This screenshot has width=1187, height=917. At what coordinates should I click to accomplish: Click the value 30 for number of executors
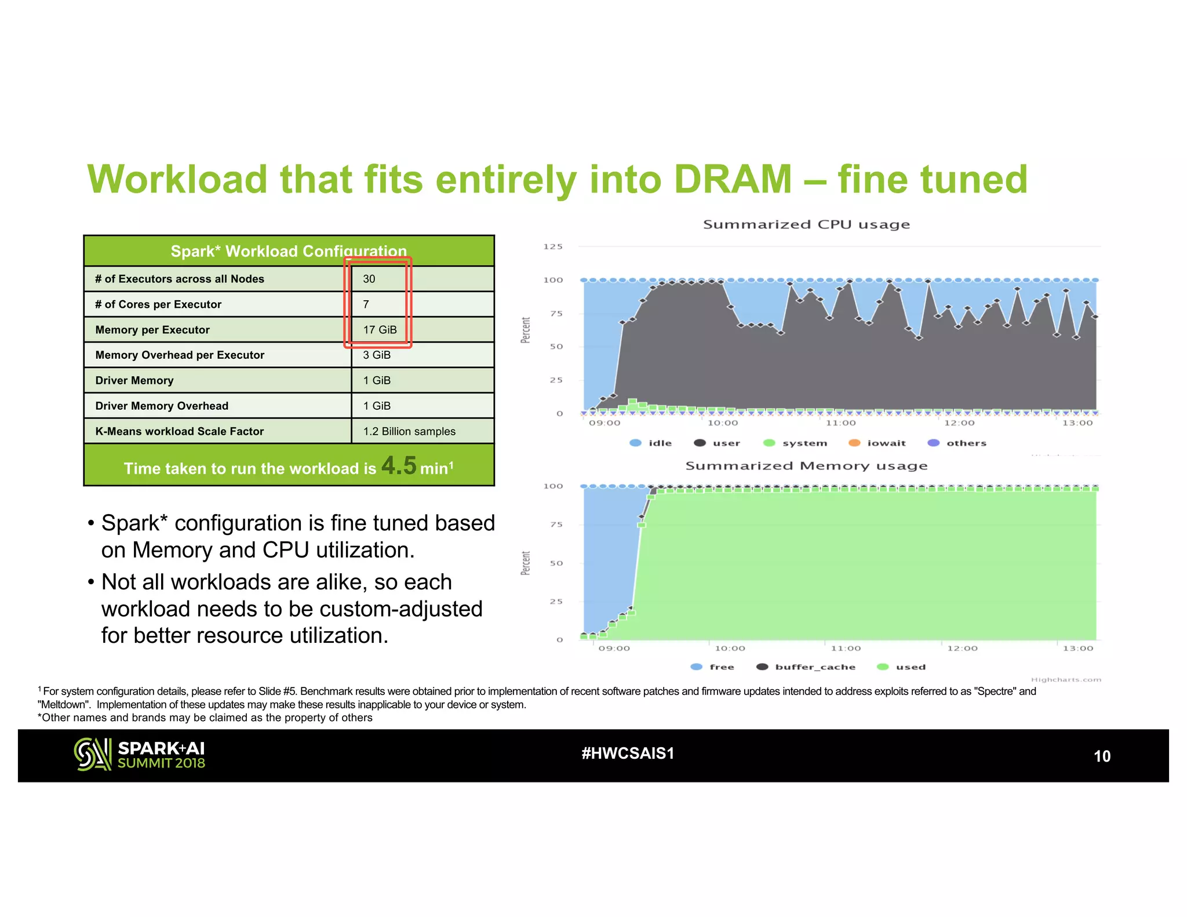[x=369, y=279]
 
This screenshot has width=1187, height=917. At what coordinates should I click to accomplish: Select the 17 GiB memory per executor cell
[x=380, y=330]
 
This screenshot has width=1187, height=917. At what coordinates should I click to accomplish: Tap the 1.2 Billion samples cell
[x=409, y=431]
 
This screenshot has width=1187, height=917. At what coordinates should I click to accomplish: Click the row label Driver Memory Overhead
[x=162, y=406]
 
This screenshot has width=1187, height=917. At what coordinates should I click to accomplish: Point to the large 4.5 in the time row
[x=399, y=465]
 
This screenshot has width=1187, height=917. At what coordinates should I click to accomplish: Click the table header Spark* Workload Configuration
[x=289, y=251]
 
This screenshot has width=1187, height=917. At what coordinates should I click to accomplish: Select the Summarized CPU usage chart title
[x=806, y=224]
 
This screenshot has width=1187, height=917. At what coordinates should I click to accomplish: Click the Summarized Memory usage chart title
[x=806, y=465]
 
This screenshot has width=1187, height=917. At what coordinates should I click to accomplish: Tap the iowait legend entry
[x=877, y=443]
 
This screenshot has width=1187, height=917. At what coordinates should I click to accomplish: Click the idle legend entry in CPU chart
[x=651, y=443]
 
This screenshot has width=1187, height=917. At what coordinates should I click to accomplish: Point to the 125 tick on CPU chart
[x=553, y=246]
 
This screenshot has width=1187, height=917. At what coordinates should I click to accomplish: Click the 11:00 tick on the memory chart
[x=846, y=648]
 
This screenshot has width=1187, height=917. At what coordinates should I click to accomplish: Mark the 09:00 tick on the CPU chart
[x=605, y=423]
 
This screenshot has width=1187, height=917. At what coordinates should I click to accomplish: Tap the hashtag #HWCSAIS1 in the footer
[x=628, y=753]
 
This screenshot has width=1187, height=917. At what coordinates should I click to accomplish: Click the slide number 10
[x=1102, y=756]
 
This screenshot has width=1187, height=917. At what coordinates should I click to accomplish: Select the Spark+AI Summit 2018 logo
[x=140, y=755]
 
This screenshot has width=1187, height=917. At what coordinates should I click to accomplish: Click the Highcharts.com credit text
[x=1066, y=679]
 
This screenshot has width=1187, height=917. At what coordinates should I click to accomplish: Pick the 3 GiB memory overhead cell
[x=377, y=355]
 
